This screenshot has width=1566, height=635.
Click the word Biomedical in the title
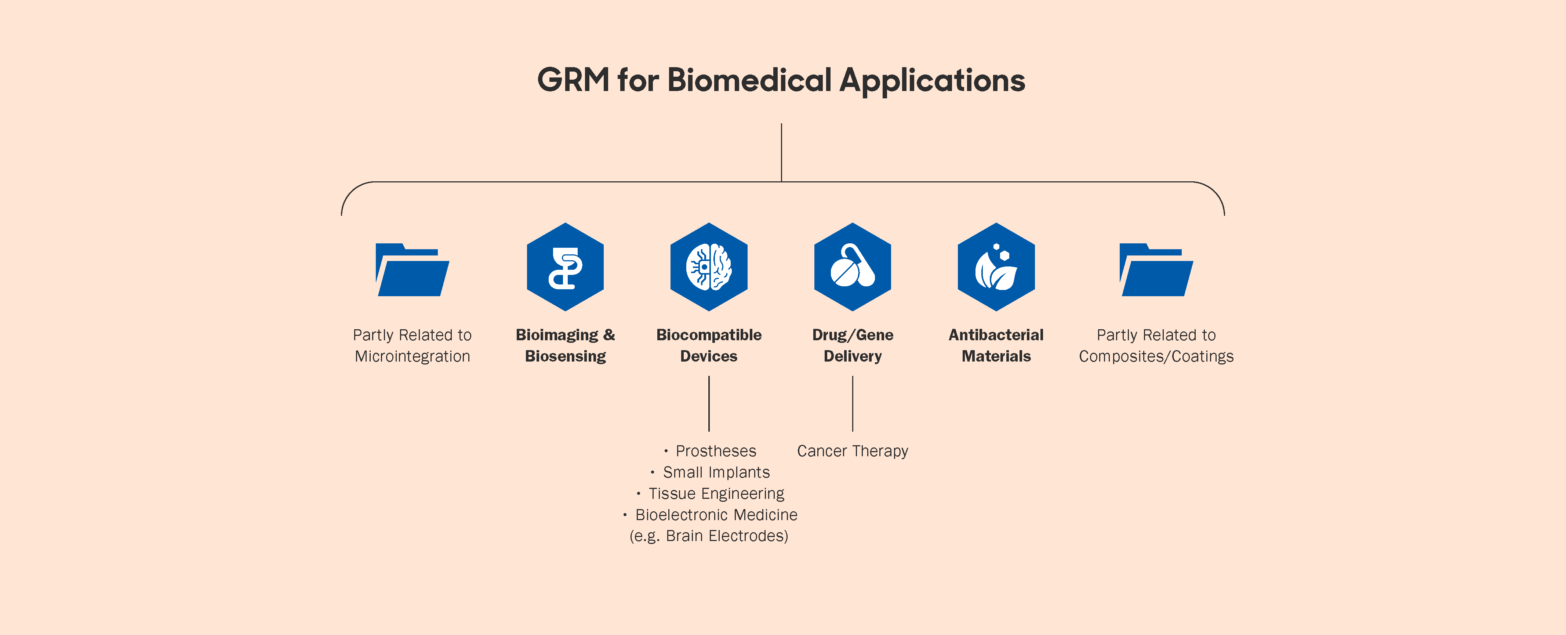[749, 80]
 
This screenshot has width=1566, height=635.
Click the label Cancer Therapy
[852, 451]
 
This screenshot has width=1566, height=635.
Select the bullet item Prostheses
[716, 451]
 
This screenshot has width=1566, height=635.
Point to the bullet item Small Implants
[716, 472]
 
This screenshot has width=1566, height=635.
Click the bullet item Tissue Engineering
[716, 493]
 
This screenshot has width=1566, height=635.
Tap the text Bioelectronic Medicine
[716, 515]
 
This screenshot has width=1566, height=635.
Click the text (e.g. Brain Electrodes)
[709, 536]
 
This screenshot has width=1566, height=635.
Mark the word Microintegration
[412, 356]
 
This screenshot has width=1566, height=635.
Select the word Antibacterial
[996, 335]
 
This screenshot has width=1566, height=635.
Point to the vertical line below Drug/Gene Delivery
[852, 403]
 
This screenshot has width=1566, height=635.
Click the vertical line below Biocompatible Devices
[709, 403]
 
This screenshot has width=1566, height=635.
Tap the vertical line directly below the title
[781, 152]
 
